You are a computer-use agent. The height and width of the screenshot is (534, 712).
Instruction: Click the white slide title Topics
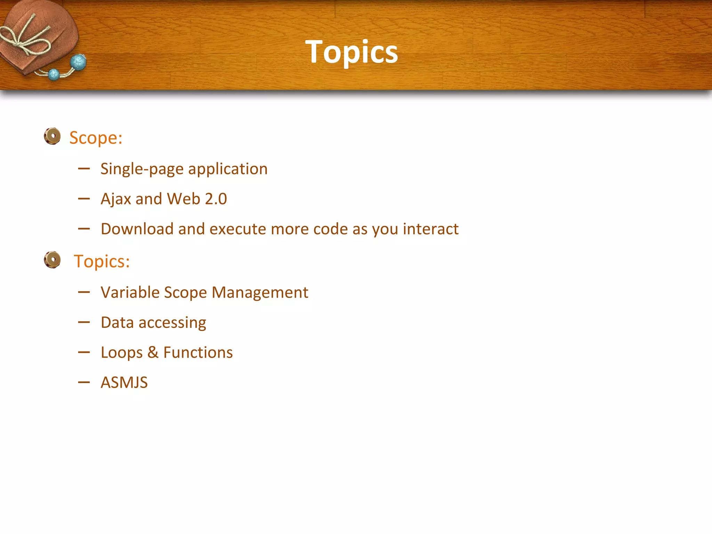[x=351, y=52]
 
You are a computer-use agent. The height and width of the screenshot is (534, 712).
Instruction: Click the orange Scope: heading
[x=96, y=138]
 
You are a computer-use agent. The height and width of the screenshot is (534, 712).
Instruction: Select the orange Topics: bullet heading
[x=102, y=261]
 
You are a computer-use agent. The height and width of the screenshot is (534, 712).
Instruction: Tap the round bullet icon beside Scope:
[x=52, y=136]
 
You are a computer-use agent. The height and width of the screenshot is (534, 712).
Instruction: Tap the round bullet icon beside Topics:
[x=52, y=260]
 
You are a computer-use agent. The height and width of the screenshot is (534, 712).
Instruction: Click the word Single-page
[x=142, y=169]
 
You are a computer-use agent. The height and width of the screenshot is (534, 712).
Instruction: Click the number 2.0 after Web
[x=216, y=199]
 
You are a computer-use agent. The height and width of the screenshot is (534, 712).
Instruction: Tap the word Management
[x=260, y=293]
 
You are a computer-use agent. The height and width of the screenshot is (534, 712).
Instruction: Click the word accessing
[x=172, y=323]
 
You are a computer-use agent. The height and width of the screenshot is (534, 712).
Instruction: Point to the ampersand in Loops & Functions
[x=153, y=353]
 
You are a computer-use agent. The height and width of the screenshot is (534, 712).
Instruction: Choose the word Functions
[x=198, y=353]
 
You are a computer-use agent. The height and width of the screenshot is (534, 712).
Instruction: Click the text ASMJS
[x=124, y=383]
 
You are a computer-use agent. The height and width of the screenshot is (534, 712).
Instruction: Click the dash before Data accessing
[x=84, y=323]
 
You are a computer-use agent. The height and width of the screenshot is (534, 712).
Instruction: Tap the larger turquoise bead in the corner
[x=78, y=63]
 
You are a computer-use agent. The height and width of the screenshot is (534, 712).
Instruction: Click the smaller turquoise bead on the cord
[x=54, y=74]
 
